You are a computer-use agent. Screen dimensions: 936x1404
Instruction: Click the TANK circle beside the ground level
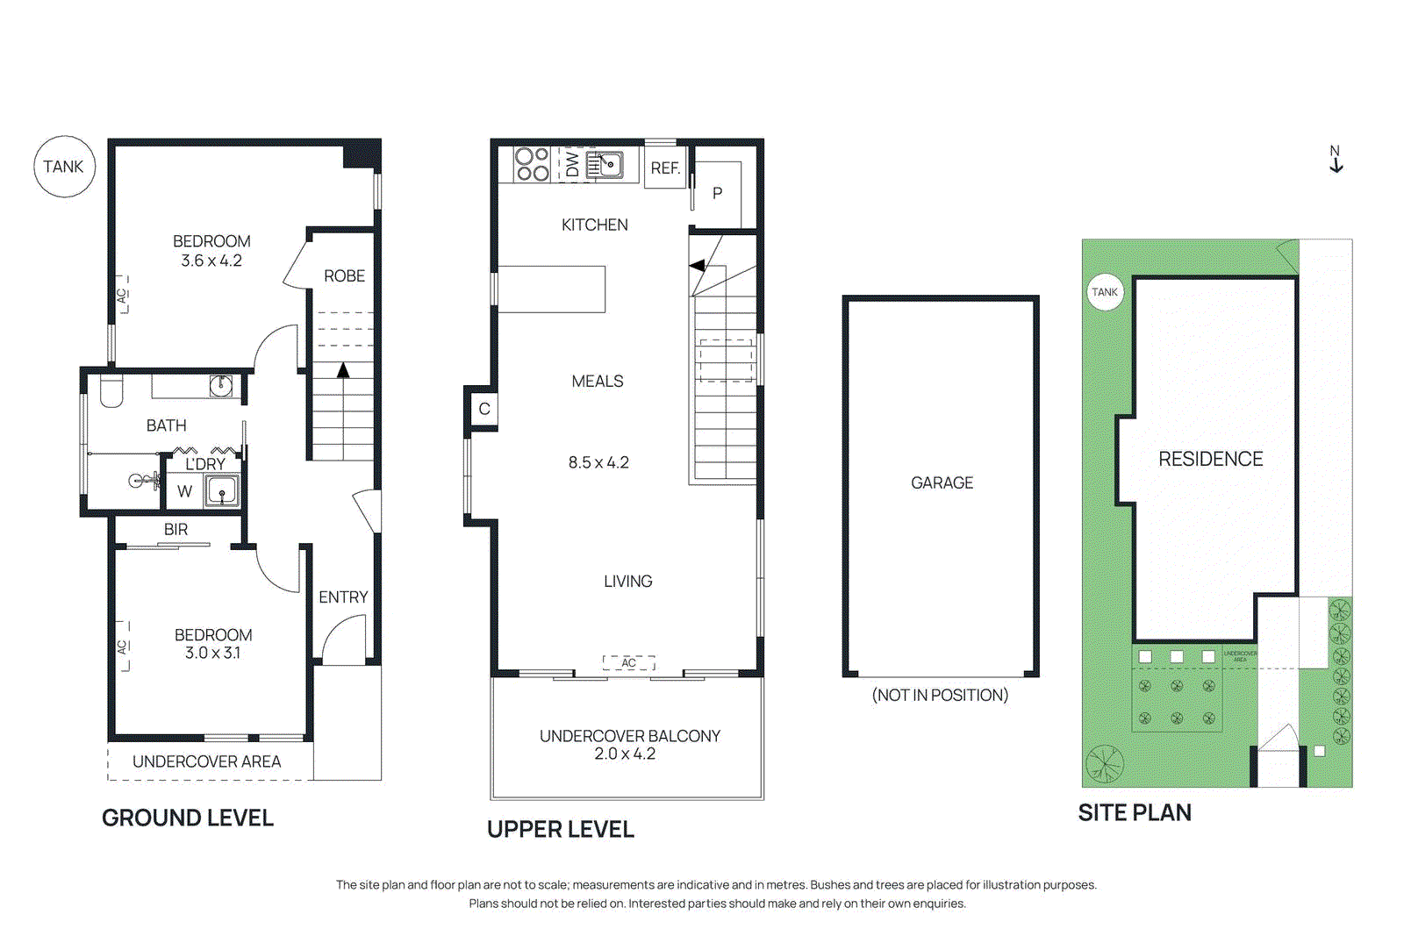[64, 167]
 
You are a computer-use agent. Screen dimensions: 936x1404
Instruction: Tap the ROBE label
[344, 276]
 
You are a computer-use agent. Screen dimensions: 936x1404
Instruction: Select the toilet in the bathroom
[111, 391]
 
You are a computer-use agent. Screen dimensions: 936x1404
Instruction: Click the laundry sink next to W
[221, 490]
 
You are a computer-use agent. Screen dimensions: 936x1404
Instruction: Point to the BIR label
[175, 530]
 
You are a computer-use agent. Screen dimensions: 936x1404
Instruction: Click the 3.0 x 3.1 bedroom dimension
[212, 653]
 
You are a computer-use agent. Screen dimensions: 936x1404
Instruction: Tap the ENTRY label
[343, 597]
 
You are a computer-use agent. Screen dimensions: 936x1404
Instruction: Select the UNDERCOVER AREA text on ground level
[206, 761]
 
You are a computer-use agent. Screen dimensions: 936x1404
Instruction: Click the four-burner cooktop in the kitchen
[532, 164]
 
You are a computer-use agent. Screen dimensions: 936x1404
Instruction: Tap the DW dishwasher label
[572, 164]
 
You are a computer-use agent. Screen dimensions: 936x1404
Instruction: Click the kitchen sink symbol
[605, 164]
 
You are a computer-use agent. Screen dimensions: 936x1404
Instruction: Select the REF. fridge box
[665, 168]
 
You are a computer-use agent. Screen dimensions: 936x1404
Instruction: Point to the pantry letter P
[718, 194]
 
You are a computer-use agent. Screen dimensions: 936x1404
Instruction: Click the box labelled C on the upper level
[484, 409]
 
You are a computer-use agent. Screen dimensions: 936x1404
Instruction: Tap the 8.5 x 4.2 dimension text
[598, 462]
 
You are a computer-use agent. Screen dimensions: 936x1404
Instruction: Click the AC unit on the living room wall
[628, 662]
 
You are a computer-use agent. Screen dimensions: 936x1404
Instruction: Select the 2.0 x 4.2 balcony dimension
[625, 754]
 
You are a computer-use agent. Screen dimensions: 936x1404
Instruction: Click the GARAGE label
[942, 483]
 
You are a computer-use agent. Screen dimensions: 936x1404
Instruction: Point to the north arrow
[1336, 160]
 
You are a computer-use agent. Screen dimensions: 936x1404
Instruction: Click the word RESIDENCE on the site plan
[1210, 459]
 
